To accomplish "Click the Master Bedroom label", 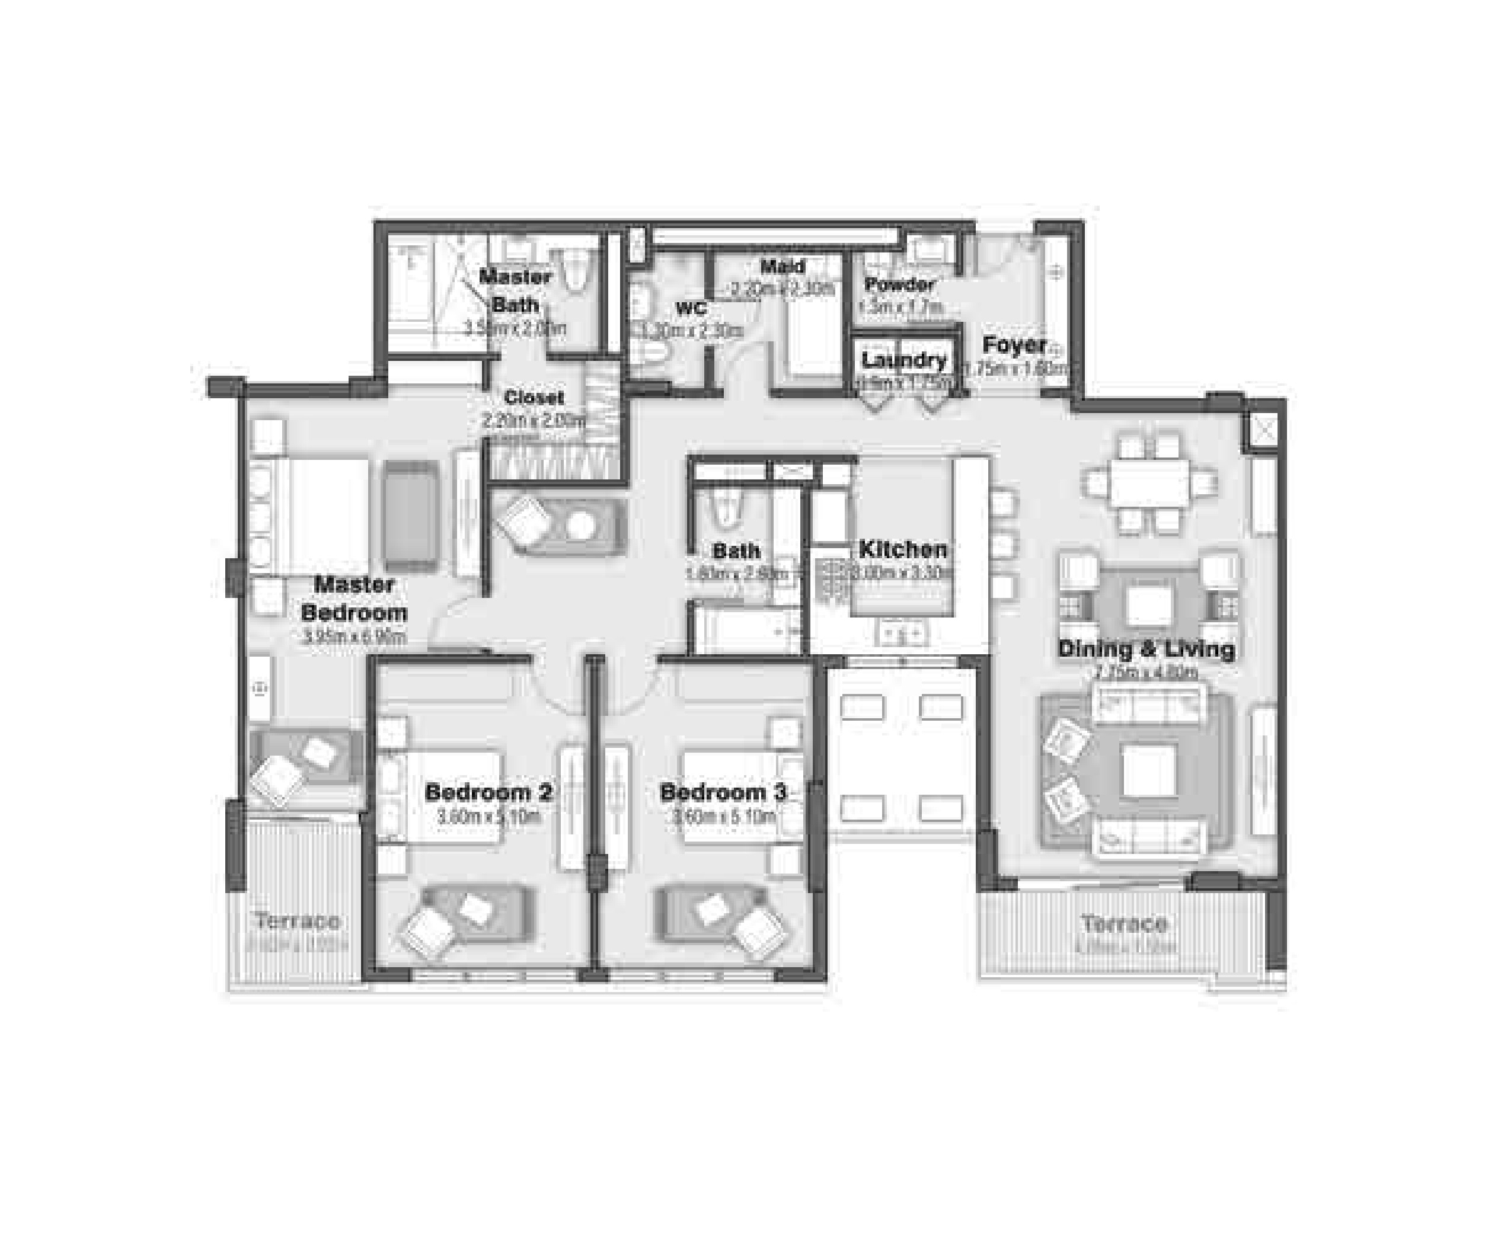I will coord(353,598).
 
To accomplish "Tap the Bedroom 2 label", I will coord(488,792).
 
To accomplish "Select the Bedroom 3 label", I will coord(723,792).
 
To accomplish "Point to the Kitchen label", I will coord(903,549).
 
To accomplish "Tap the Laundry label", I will coord(903,360).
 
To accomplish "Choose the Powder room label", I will coord(899,284).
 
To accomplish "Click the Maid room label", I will coord(782,267).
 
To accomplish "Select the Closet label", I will coord(534,397).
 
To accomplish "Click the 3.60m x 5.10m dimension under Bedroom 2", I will coord(488,817).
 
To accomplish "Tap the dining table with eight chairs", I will coord(1149,484).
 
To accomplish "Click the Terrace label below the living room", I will coord(1123,923).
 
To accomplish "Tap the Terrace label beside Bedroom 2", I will coord(297,920).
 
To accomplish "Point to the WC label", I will coord(690,308).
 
